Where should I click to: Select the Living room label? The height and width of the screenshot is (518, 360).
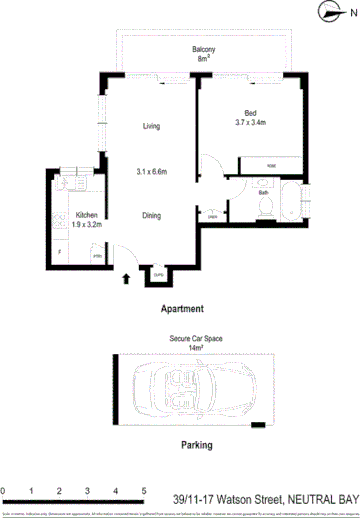151,126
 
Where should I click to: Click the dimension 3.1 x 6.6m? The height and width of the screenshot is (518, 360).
151,171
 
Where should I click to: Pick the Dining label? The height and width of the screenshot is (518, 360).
151,215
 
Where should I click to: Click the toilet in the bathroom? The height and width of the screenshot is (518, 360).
264,205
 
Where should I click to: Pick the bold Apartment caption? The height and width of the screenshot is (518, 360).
182,309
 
